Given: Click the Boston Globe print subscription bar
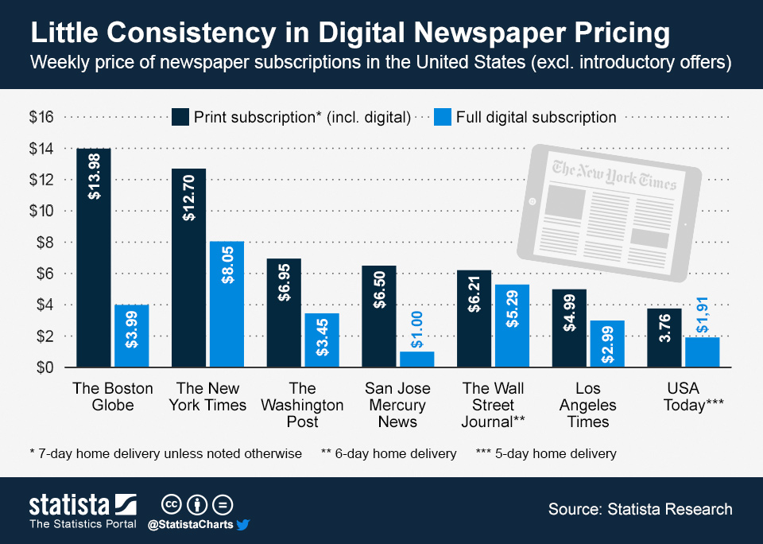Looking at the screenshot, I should tap(94, 258).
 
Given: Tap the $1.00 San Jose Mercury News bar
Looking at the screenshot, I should tap(416, 359).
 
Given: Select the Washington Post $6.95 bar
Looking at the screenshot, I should tap(284, 313).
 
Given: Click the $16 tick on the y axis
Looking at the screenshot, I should tap(41, 118).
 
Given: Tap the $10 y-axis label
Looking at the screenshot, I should tap(41, 211).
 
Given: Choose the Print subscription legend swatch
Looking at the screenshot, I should tap(181, 117).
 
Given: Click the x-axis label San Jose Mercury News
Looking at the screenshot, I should tap(397, 405).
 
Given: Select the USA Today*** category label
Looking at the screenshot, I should tap(684, 397).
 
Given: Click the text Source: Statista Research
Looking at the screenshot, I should tap(640, 509).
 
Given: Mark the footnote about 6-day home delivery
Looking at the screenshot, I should tap(389, 454).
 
